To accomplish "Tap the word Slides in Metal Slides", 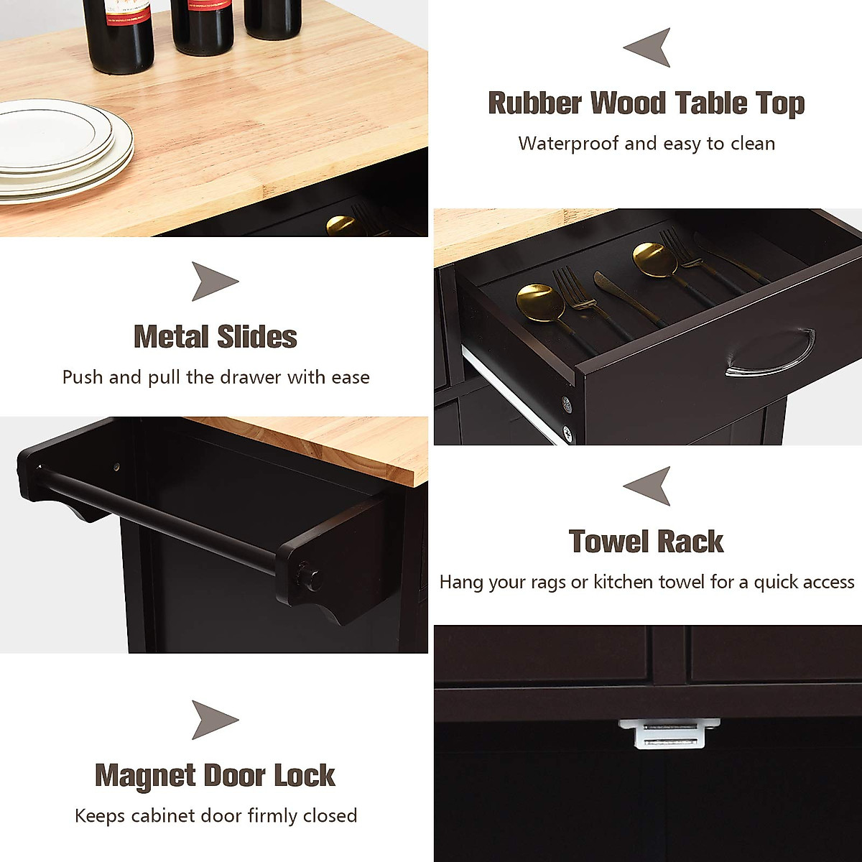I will pyautogui.click(x=256, y=337).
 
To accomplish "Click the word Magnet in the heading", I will pyautogui.click(x=144, y=776).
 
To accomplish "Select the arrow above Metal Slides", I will pyautogui.click(x=214, y=281).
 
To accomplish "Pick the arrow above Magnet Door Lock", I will pyautogui.click(x=214, y=720).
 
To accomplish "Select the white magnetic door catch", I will pyautogui.click(x=668, y=734).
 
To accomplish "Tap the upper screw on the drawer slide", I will pyautogui.click(x=566, y=404).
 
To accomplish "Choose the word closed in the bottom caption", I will pyautogui.click(x=330, y=816).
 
